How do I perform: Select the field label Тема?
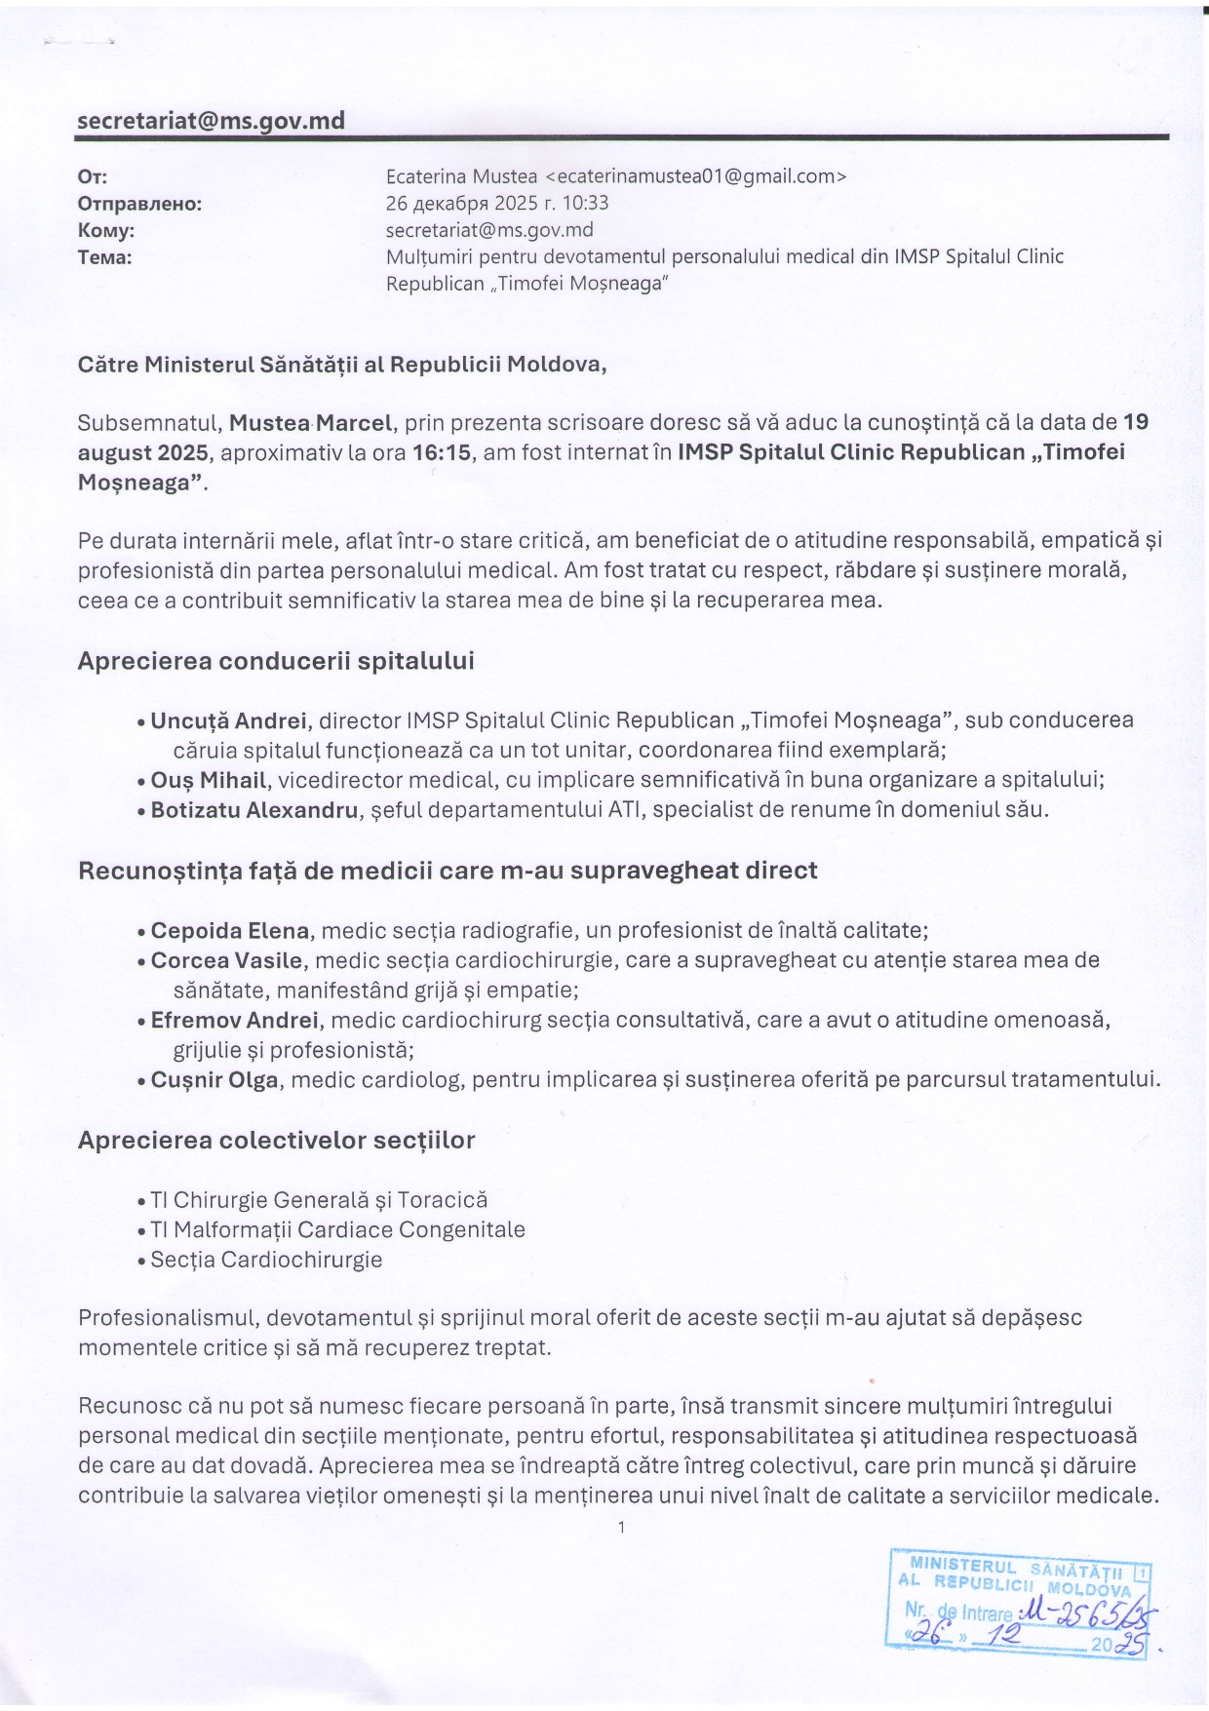104,257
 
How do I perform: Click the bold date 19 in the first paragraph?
1136,422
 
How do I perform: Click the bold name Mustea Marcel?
311,423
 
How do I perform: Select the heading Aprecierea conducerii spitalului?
276,661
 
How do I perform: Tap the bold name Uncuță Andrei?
230,720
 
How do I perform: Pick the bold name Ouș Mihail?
209,780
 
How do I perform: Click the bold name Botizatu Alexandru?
254,809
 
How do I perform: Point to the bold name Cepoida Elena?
230,930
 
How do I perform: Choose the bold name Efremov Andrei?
235,1020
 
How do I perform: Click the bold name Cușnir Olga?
214,1079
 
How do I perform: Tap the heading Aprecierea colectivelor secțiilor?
276,1140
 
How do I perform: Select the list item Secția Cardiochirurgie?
266,1260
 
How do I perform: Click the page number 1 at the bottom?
621,1527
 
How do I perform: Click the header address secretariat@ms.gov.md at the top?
211,121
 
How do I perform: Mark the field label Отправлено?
139,204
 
